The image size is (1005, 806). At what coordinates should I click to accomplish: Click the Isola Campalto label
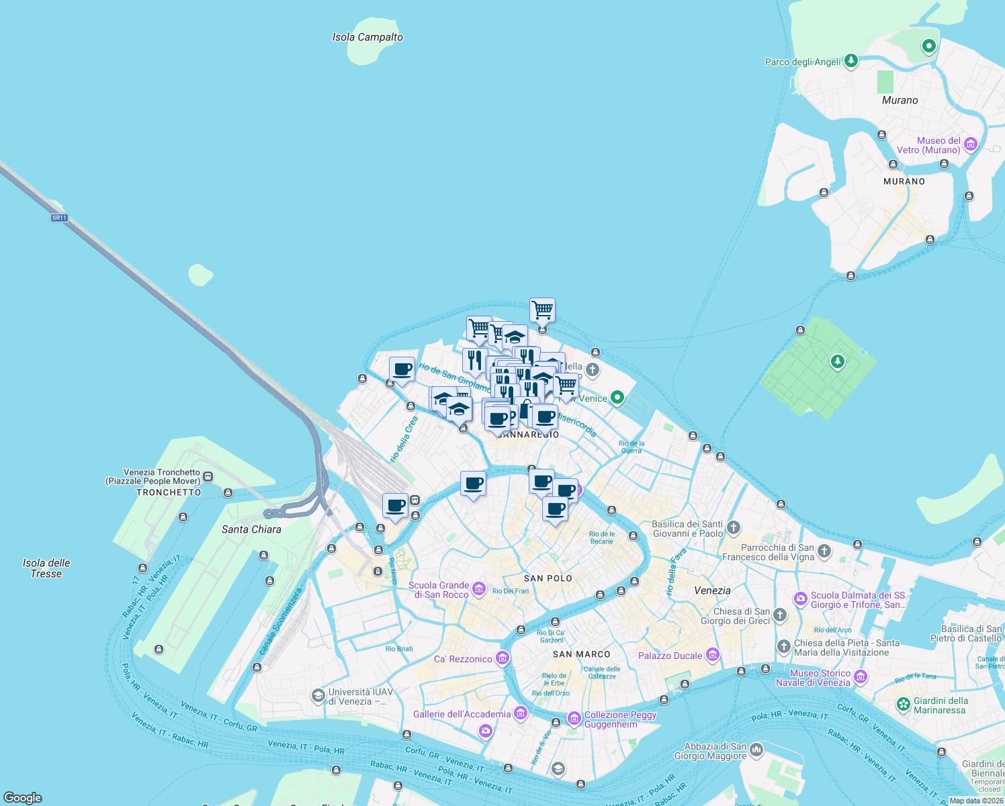coord(367,38)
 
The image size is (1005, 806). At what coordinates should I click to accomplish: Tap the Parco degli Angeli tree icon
coord(851,61)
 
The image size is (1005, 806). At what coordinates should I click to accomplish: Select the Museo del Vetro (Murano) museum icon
coord(970,145)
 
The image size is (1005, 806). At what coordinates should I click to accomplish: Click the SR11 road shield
coord(59,218)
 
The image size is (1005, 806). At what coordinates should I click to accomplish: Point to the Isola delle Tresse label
coord(46,568)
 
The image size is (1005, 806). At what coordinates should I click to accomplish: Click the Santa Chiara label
coord(251,529)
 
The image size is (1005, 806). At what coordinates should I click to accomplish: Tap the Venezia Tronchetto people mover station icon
coord(208,477)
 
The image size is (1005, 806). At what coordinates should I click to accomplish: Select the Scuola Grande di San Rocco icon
coord(478,589)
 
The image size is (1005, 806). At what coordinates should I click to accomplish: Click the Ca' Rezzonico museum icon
coord(502,658)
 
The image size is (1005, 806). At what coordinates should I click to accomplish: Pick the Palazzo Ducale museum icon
coord(712,655)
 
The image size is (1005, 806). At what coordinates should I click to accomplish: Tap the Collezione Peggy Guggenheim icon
coord(574,719)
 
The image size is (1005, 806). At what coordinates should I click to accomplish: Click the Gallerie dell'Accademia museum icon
coord(520,713)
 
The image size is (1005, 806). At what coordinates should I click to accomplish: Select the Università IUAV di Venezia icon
coord(318,696)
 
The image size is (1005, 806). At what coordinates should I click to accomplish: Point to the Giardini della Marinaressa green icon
coord(904,705)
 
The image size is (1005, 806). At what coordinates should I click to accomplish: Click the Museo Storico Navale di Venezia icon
coord(860,677)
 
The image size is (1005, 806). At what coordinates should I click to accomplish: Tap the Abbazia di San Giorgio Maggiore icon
coord(756,750)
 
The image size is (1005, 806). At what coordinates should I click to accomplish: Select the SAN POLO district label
coord(548,578)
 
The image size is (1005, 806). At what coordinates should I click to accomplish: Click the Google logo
coord(23,798)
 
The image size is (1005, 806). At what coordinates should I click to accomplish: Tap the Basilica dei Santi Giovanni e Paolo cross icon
coord(733,528)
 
